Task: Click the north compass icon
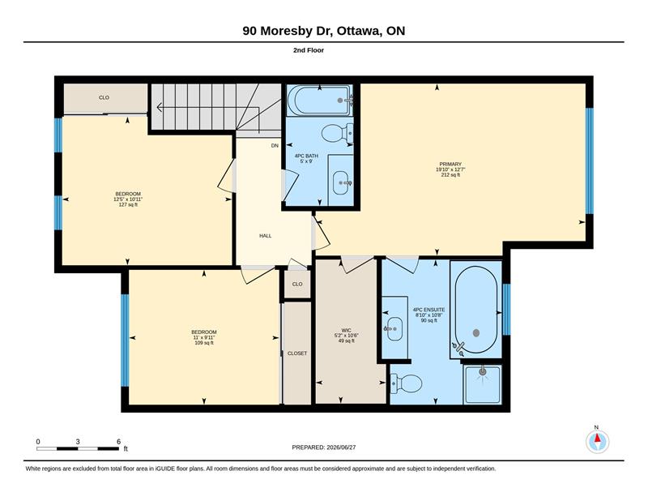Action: [597, 442]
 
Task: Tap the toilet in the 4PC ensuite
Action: [407, 383]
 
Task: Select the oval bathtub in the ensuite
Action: [476, 310]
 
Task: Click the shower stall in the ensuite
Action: [482, 385]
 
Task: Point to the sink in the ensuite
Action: [394, 328]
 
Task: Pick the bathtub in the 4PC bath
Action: [319, 101]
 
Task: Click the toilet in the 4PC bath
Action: [337, 133]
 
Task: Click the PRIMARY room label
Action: [450, 165]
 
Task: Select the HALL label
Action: [266, 236]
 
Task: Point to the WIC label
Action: [347, 330]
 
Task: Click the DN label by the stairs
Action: [275, 146]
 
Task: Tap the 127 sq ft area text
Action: [128, 205]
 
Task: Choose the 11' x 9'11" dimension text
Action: [204, 337]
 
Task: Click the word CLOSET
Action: [297, 353]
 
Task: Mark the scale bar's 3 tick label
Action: [78, 442]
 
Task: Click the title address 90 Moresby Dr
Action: [288, 31]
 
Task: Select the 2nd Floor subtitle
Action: [309, 50]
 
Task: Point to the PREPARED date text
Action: [324, 447]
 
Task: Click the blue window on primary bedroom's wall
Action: [590, 161]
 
